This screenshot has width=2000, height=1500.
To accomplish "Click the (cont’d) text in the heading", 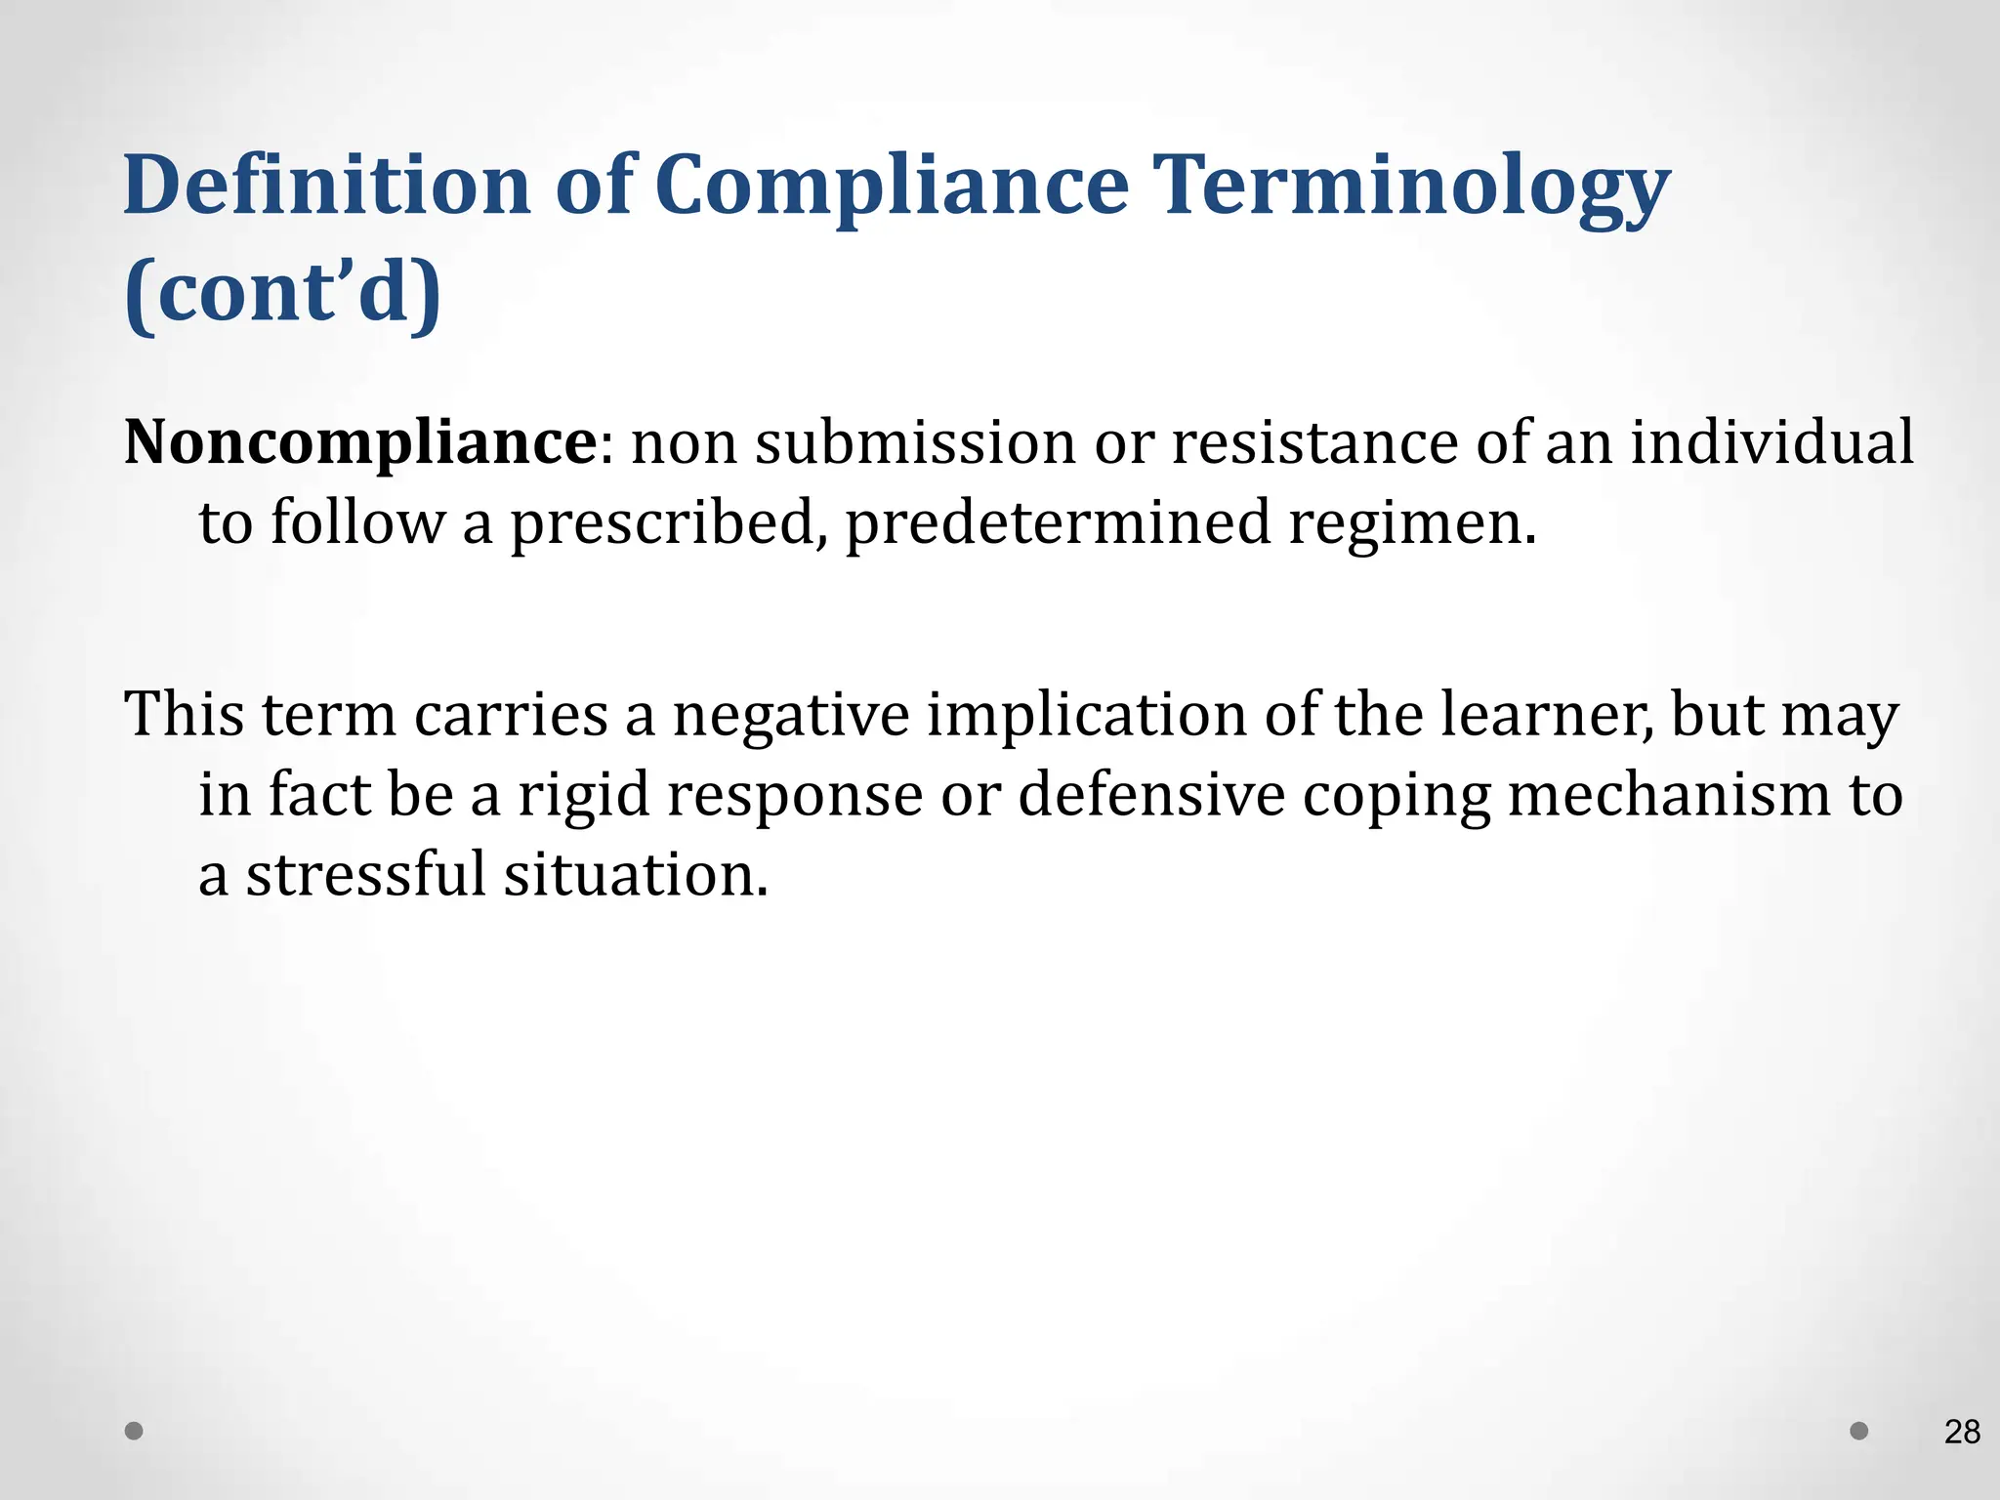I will [x=283, y=292].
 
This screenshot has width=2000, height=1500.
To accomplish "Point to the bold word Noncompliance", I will [x=359, y=442].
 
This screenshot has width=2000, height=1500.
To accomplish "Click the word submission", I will [x=915, y=442].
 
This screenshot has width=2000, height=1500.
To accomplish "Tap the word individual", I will [x=1771, y=442].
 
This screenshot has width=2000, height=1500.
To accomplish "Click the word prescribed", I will [x=663, y=522].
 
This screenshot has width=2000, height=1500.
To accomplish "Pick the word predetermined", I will [x=1057, y=522].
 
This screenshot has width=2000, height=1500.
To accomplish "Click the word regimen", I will [x=1412, y=522].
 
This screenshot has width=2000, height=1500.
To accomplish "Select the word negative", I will [x=791, y=714].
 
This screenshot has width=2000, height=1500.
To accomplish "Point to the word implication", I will [x=1086, y=714].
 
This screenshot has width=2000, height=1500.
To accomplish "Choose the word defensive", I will [x=1151, y=794].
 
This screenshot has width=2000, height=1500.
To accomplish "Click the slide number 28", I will [x=1962, y=1432].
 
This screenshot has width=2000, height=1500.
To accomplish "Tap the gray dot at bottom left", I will [x=135, y=1431].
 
